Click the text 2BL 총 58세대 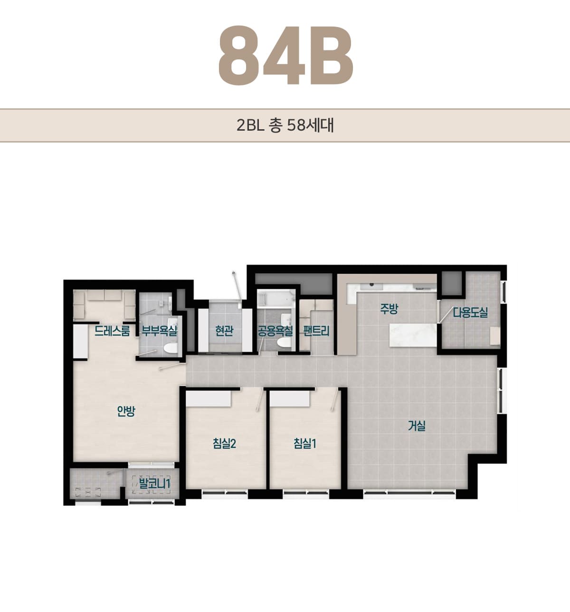click(x=285, y=125)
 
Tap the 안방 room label click(x=126, y=411)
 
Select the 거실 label click(x=417, y=426)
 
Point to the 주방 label click(x=389, y=309)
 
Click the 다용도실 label click(x=470, y=313)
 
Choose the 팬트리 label click(x=316, y=331)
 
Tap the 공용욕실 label click(x=275, y=331)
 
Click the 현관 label click(x=224, y=331)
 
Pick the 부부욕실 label click(x=159, y=331)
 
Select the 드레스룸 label click(x=112, y=331)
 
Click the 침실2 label click(x=224, y=443)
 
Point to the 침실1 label click(x=305, y=443)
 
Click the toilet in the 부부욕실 click(x=170, y=348)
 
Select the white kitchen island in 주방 click(x=413, y=335)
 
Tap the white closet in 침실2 click(x=208, y=399)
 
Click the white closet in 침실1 click(x=290, y=399)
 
